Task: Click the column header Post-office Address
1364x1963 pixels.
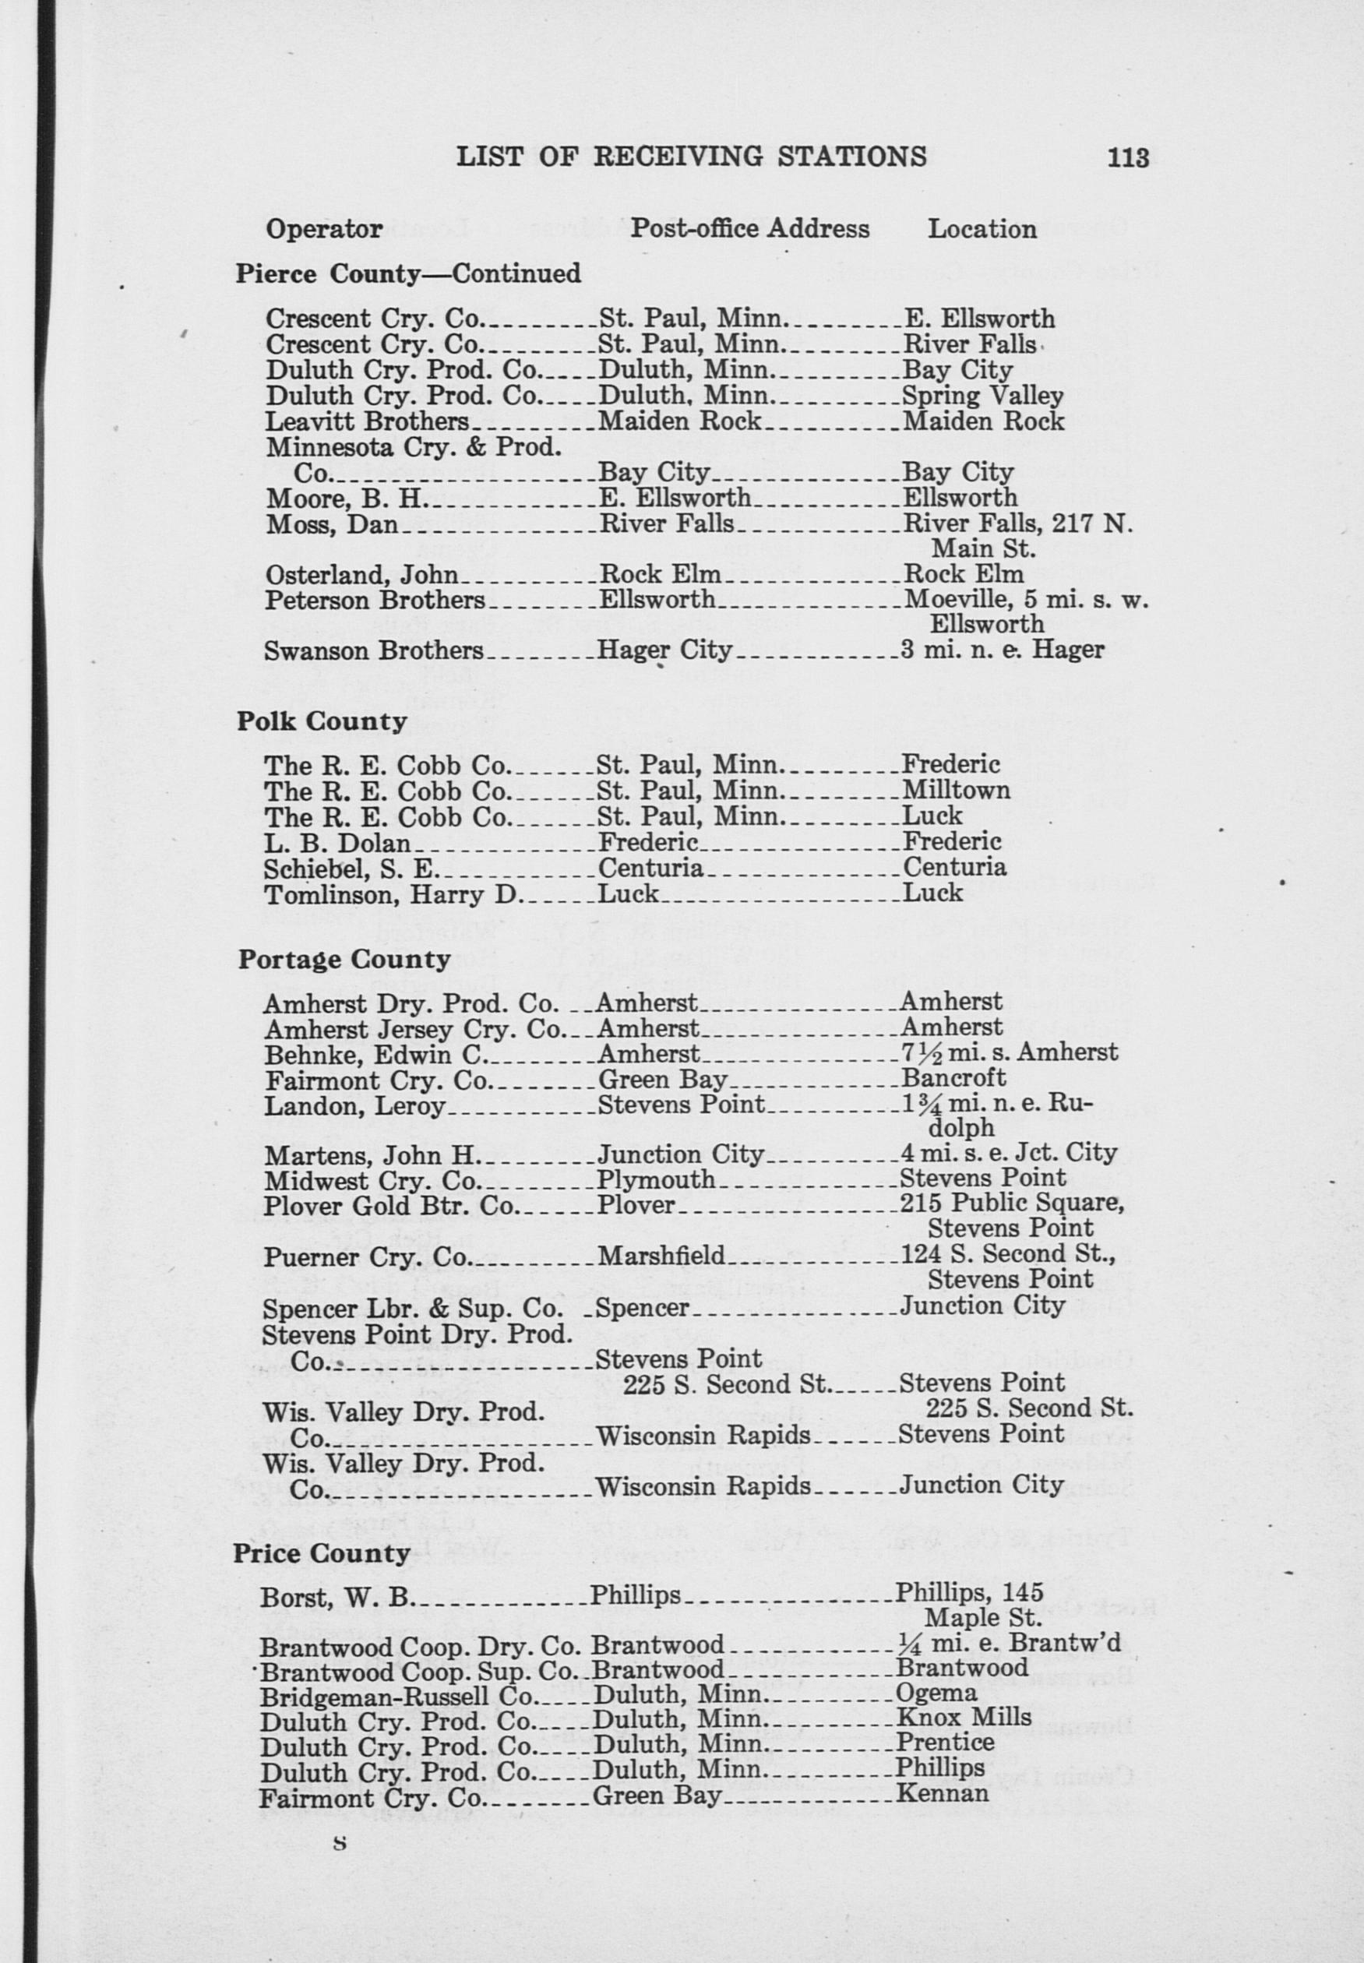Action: pos(749,229)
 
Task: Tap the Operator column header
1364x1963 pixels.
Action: pos(324,229)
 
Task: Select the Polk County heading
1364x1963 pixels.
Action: pos(322,722)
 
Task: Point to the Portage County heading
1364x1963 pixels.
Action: pos(344,960)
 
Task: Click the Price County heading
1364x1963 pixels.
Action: pos(322,1553)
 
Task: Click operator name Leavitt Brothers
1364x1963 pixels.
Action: pos(367,421)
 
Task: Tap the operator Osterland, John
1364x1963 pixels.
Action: pos(361,575)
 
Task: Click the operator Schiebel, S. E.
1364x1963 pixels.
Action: pos(351,869)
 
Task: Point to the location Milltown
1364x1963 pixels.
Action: pos(956,790)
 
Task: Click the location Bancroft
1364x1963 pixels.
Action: pos(953,1079)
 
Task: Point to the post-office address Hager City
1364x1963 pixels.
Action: pos(664,651)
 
